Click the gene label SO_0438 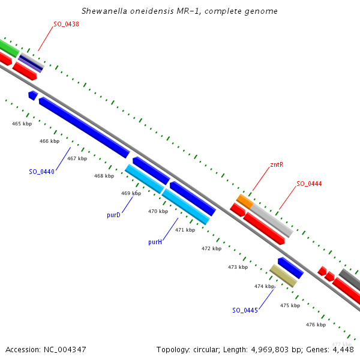(67, 24)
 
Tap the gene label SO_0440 (42, 172)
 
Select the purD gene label (114, 215)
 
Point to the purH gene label (155, 242)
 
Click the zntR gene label (277, 164)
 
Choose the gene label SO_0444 (309, 184)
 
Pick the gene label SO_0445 (245, 310)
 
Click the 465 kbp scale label (22, 124)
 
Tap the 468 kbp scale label (104, 176)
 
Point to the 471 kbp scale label (185, 230)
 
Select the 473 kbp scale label (238, 267)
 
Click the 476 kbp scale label (316, 325)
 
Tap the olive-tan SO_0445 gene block (283, 275)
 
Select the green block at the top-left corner (8, 47)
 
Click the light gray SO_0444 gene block (272, 219)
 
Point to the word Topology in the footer (172, 349)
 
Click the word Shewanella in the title (106, 11)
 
